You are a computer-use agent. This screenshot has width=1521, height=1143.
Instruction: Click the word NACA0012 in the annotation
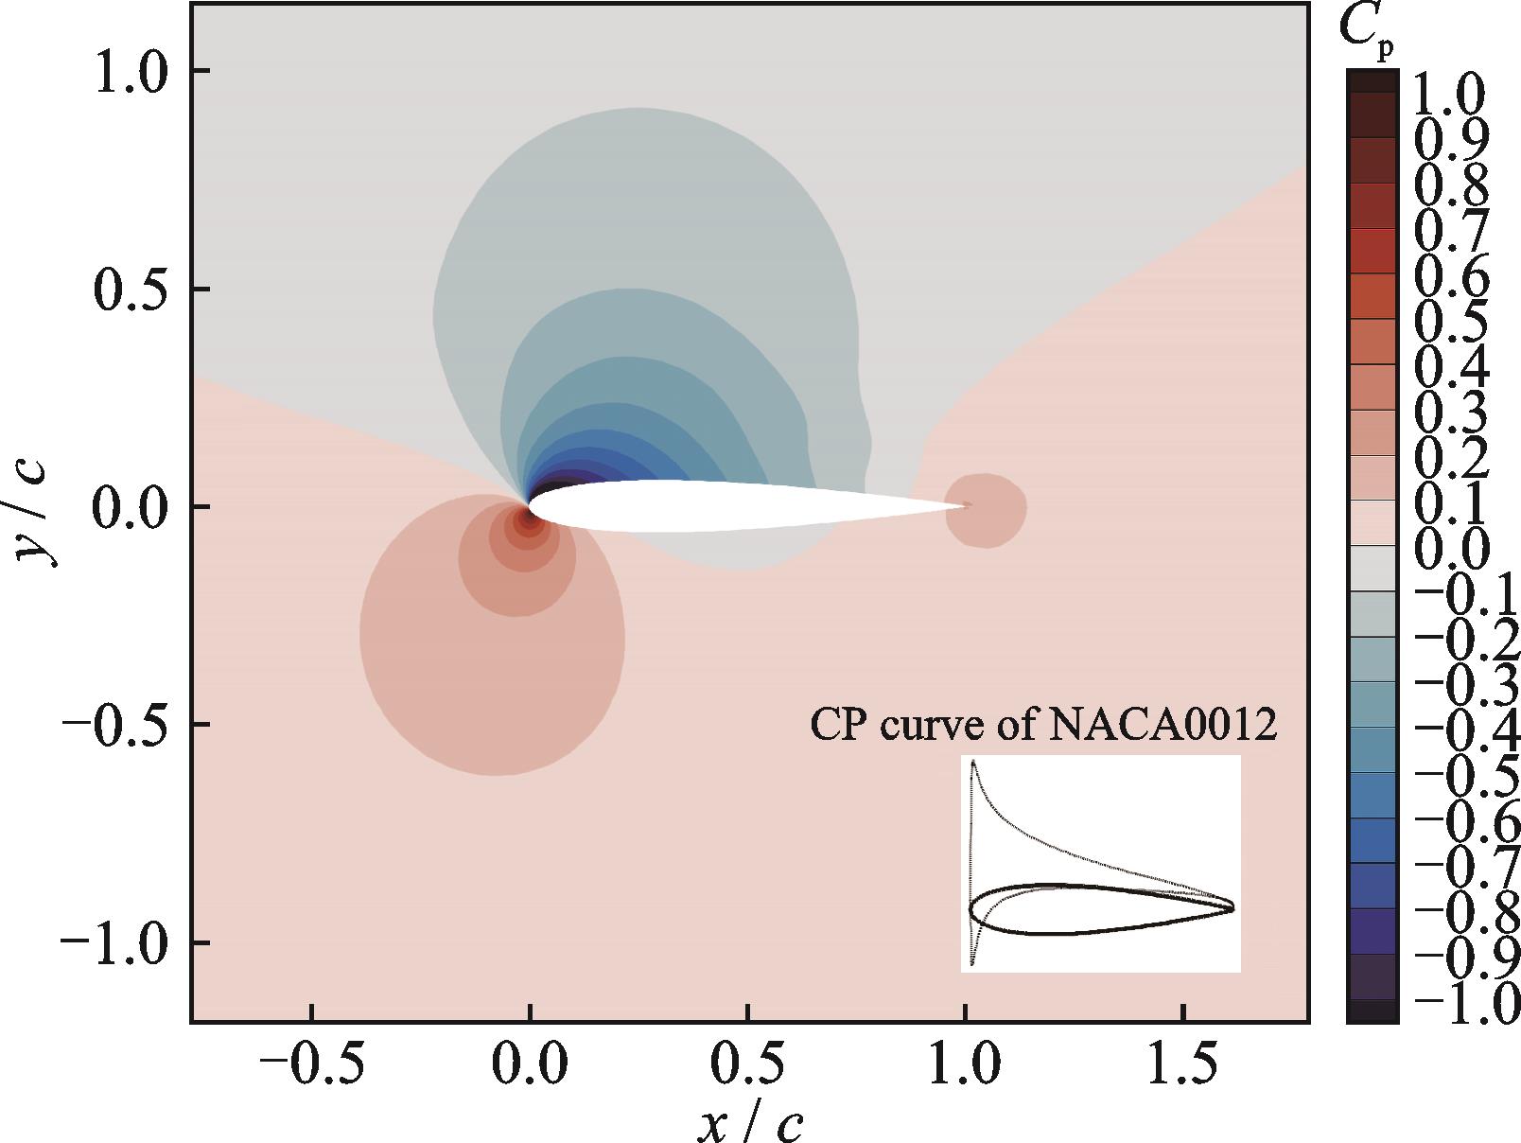[1163, 726]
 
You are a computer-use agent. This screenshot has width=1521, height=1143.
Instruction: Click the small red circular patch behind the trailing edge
[986, 510]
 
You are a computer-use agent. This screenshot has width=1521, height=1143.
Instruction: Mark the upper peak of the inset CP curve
[973, 761]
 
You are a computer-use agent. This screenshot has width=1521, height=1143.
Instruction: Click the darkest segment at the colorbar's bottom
[1372, 1012]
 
